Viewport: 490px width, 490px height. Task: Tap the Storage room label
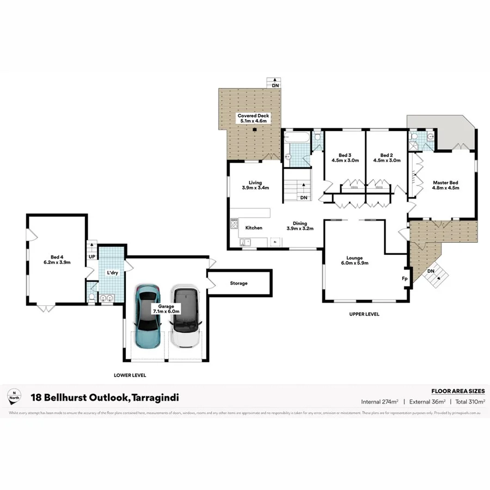[238, 283]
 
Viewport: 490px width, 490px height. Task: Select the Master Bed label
[445, 185]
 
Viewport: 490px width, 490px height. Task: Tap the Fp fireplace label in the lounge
[405, 278]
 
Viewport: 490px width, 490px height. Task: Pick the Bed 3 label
[345, 157]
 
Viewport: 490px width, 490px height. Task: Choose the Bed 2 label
[387, 157]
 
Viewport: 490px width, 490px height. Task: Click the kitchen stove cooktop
[235, 223]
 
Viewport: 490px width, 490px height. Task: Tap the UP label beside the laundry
[91, 256]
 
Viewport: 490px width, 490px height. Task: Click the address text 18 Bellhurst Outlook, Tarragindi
[105, 398]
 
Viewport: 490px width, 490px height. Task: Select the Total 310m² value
[467, 402]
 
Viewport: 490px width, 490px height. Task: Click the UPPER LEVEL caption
[364, 314]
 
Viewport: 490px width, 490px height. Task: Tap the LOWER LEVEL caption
[130, 375]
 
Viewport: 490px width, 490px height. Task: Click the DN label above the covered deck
[275, 85]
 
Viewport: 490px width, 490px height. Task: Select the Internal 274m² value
[379, 402]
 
